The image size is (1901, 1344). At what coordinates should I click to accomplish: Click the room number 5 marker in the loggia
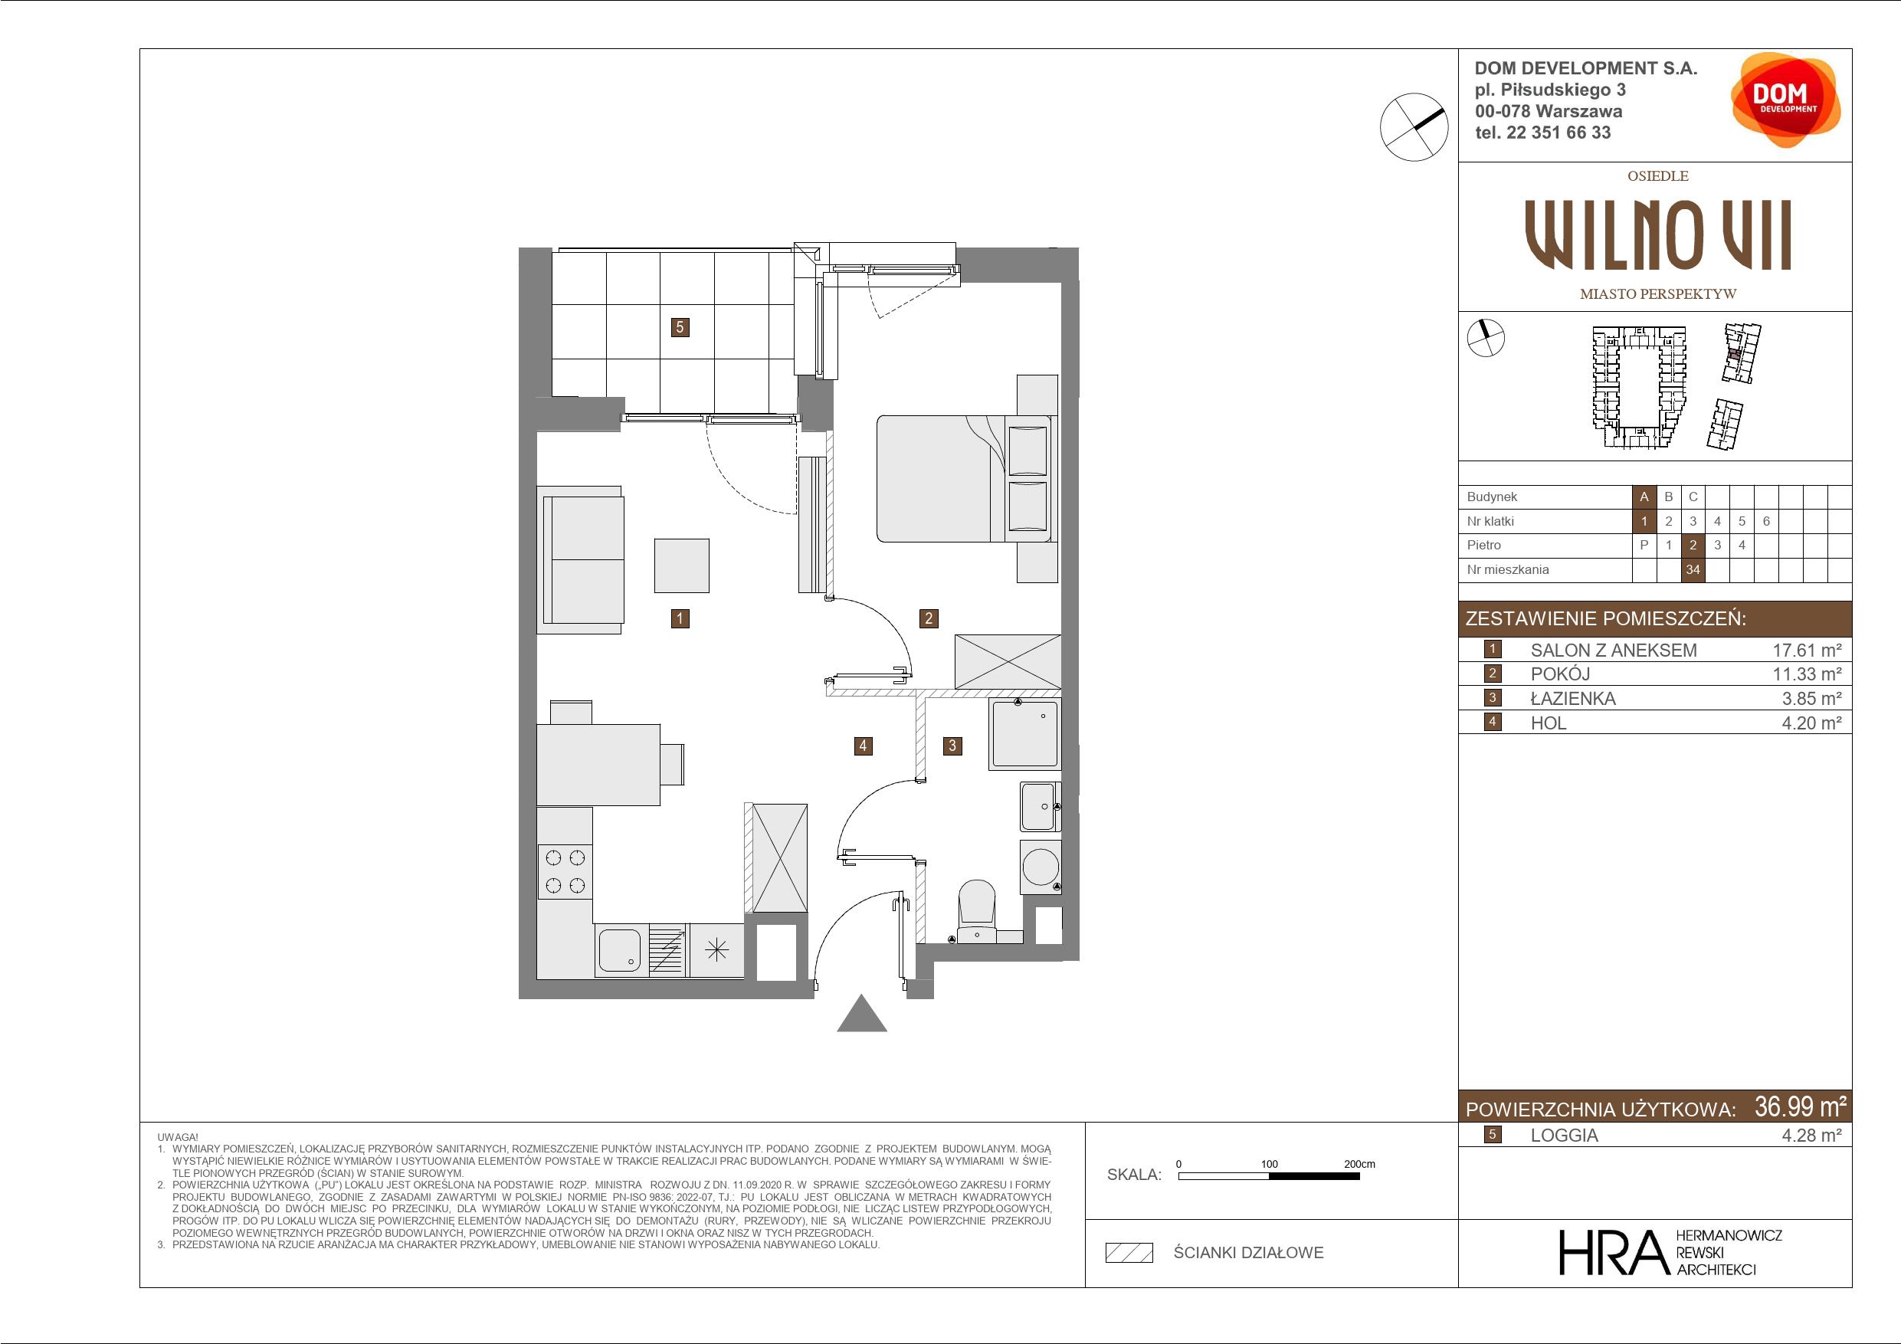tap(680, 327)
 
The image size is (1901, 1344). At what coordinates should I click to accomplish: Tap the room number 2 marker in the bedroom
tap(928, 618)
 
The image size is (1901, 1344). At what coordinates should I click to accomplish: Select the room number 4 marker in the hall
tap(863, 746)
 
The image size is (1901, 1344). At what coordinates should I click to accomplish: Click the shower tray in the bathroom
tap(1025, 734)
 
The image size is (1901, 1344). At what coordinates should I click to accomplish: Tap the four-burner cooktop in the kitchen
tap(565, 871)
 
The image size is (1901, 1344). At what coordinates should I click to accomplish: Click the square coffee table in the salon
tap(681, 565)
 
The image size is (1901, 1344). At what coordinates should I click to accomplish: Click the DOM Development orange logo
tap(1785, 100)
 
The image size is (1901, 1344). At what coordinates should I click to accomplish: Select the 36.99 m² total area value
tap(1800, 1106)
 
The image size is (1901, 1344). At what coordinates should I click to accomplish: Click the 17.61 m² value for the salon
tap(1807, 651)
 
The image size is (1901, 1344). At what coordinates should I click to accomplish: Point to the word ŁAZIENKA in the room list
tap(1572, 699)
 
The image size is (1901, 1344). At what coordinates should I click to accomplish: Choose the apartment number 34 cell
tap(1693, 570)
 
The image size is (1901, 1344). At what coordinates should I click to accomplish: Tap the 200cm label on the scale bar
tap(1359, 1163)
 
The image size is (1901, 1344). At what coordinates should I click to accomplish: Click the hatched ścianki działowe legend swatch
tap(1129, 1253)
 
